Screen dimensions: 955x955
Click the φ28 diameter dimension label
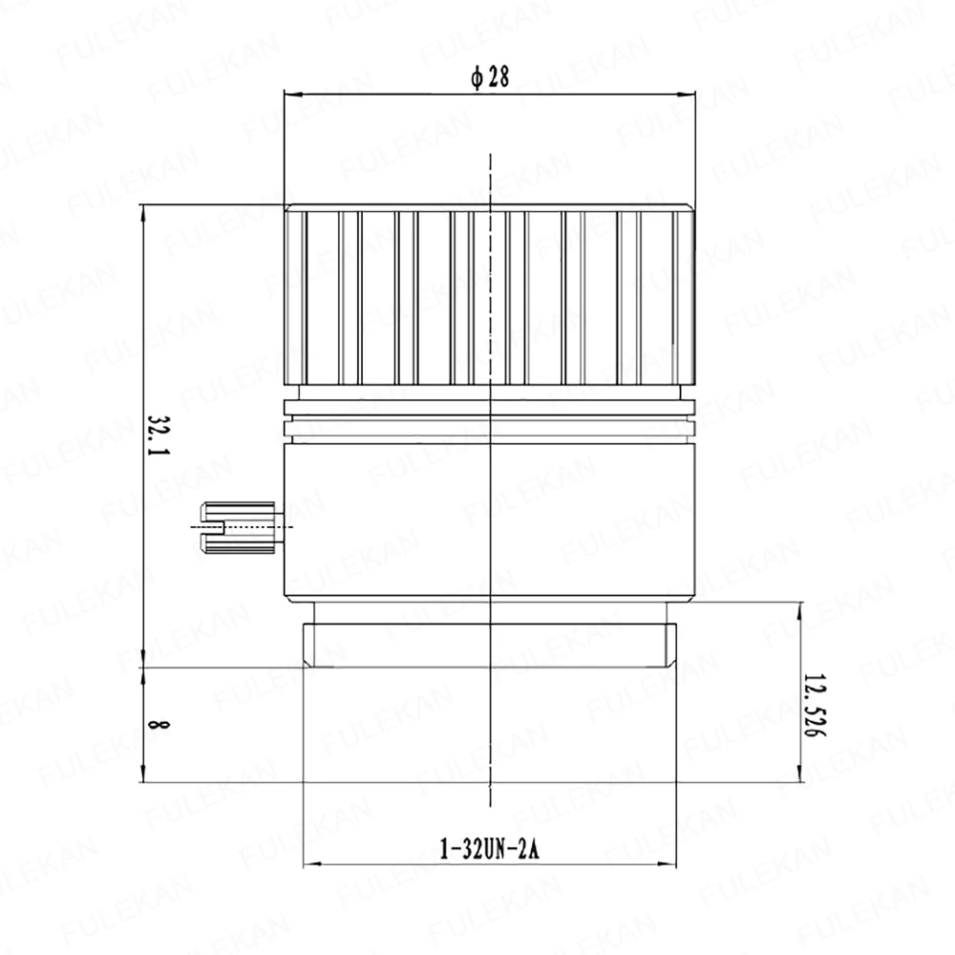pyautogui.click(x=490, y=77)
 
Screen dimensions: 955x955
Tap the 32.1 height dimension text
pyautogui.click(x=159, y=435)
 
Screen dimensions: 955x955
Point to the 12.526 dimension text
pyautogui.click(x=815, y=706)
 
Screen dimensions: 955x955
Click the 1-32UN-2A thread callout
pyautogui.click(x=490, y=848)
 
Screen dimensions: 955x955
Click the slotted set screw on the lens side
pyautogui.click(x=239, y=527)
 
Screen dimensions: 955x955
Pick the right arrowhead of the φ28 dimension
pyautogui.click(x=687, y=95)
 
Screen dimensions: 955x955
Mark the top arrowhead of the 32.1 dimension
pyautogui.click(x=143, y=213)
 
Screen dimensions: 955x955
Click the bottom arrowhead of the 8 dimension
pyautogui.click(x=143, y=774)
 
